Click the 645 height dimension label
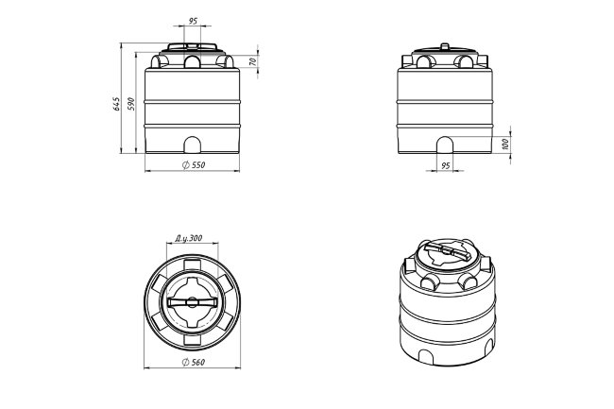[x=116, y=104]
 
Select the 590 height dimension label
[x=131, y=104]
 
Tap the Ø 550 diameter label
[x=194, y=165]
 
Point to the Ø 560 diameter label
[x=194, y=363]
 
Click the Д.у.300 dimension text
[x=189, y=238]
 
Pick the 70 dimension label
[x=252, y=61]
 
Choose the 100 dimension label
[x=505, y=144]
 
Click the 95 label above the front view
[x=193, y=21]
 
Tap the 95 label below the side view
[x=446, y=166]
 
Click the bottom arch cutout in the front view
[x=193, y=145]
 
